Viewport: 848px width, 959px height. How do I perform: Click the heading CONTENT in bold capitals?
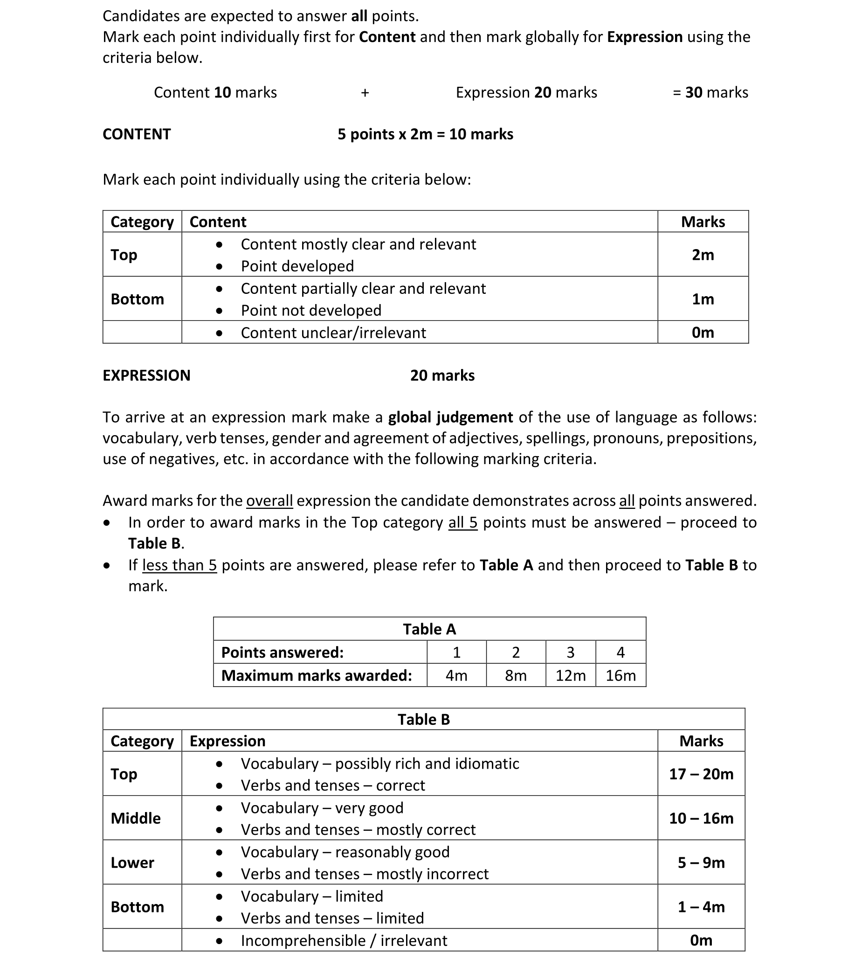(x=137, y=134)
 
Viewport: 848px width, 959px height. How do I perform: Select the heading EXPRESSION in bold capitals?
(x=146, y=375)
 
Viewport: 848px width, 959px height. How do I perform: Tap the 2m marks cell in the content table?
(x=703, y=255)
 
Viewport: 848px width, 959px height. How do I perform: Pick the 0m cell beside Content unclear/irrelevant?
(x=703, y=333)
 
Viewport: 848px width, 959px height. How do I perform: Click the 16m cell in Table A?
(x=620, y=675)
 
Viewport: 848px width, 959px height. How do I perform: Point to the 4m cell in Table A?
(x=456, y=675)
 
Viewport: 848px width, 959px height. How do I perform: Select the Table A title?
(x=429, y=629)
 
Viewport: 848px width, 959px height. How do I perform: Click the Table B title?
(x=423, y=720)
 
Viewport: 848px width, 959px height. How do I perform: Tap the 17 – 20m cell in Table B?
(x=701, y=774)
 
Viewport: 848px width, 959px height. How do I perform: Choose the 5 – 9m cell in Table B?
(x=701, y=863)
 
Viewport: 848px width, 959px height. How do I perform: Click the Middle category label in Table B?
(x=136, y=819)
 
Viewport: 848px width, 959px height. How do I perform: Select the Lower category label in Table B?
(x=132, y=863)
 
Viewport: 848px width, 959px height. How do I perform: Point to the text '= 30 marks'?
(x=710, y=92)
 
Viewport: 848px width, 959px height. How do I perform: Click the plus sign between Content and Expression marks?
(x=365, y=93)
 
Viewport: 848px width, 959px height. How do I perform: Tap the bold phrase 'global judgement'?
(x=450, y=417)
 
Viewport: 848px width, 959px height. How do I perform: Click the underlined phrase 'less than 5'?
(x=179, y=565)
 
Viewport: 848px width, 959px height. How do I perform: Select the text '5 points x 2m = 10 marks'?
(x=426, y=134)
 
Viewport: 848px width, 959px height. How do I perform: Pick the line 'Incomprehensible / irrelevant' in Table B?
(x=344, y=941)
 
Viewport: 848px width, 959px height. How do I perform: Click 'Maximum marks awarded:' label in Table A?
(x=317, y=675)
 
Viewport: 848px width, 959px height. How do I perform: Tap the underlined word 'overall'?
(x=269, y=500)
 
